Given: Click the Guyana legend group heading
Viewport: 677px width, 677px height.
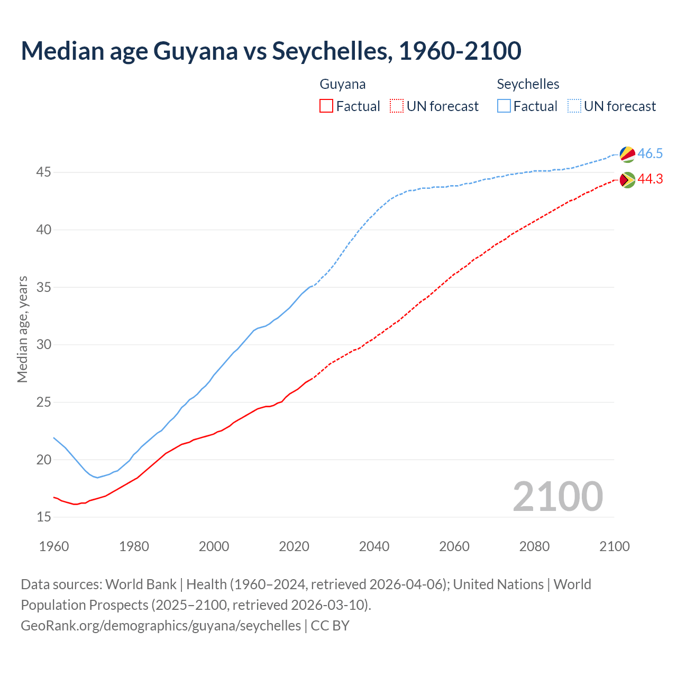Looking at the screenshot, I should click(x=342, y=84).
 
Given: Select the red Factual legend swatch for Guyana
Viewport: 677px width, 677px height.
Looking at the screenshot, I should click(x=326, y=106).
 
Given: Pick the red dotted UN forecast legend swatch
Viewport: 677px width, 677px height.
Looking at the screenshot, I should click(x=397, y=106).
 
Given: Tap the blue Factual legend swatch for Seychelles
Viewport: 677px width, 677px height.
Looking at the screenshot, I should click(x=504, y=106).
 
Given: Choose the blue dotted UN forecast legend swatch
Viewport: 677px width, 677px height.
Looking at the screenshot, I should click(x=574, y=106).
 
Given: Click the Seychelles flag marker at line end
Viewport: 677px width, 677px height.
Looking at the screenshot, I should click(x=627, y=154).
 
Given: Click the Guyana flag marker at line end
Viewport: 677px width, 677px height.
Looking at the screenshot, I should click(x=627, y=180).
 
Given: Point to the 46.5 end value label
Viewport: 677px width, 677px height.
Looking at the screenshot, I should click(x=650, y=153).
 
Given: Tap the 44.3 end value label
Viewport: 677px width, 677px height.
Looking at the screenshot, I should click(x=650, y=179).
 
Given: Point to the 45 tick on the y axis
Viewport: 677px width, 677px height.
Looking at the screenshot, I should click(x=44, y=172).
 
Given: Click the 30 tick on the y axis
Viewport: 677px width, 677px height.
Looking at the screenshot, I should click(x=44, y=345).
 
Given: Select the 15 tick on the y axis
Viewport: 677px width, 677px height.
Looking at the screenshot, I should click(x=44, y=517).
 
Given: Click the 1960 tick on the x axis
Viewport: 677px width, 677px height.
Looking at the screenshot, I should click(x=54, y=546).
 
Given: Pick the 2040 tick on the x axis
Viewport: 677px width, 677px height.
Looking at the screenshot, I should click(x=374, y=546).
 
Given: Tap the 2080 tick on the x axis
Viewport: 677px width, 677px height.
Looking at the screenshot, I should click(x=534, y=546).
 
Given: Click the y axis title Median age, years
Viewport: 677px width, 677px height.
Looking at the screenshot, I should click(x=22, y=329).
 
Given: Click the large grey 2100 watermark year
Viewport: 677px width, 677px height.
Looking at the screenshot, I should click(x=557, y=496).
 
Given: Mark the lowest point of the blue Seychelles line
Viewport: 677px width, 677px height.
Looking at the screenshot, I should click(x=97, y=478).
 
